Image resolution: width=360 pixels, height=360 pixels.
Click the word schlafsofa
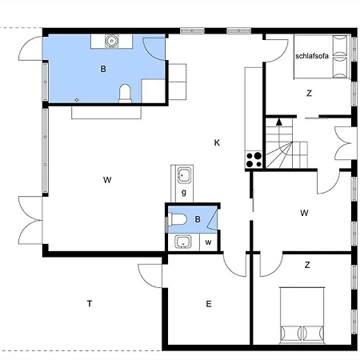coord(313,55)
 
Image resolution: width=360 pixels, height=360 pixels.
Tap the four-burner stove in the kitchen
coord(254,159)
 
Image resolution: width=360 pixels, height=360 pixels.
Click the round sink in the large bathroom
coord(111,39)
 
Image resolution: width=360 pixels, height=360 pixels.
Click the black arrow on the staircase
coord(278,122)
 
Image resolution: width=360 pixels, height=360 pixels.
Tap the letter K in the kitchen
coord(217,142)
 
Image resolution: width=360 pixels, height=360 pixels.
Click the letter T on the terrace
coord(90,302)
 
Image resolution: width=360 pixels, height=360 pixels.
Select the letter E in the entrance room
coord(208,303)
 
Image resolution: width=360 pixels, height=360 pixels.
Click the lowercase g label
coord(184,193)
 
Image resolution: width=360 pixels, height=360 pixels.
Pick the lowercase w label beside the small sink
coord(207,242)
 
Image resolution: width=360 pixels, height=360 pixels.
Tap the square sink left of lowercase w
coord(182,242)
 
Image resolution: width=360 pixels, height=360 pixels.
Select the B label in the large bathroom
coord(102,70)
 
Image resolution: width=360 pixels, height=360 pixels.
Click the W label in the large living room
coord(106,180)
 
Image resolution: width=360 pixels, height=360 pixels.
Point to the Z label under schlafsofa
coord(308,94)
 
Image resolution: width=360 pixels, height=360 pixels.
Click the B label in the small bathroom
coord(198,216)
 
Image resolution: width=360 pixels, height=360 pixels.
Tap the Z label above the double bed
coord(306,263)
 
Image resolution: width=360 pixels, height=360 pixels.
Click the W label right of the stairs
coord(304,213)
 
